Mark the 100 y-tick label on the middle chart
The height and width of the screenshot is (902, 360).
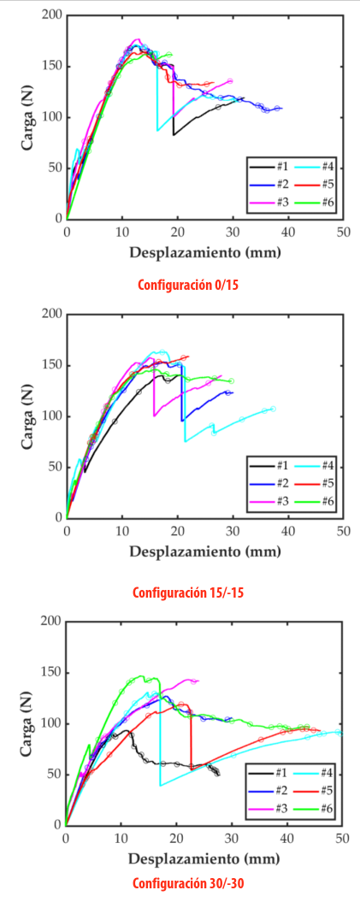[x=50, y=416]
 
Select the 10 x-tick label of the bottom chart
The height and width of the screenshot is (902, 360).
[x=121, y=839]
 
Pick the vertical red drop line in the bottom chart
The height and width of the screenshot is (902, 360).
[x=191, y=735]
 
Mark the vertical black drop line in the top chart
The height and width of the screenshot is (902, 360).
[x=174, y=111]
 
